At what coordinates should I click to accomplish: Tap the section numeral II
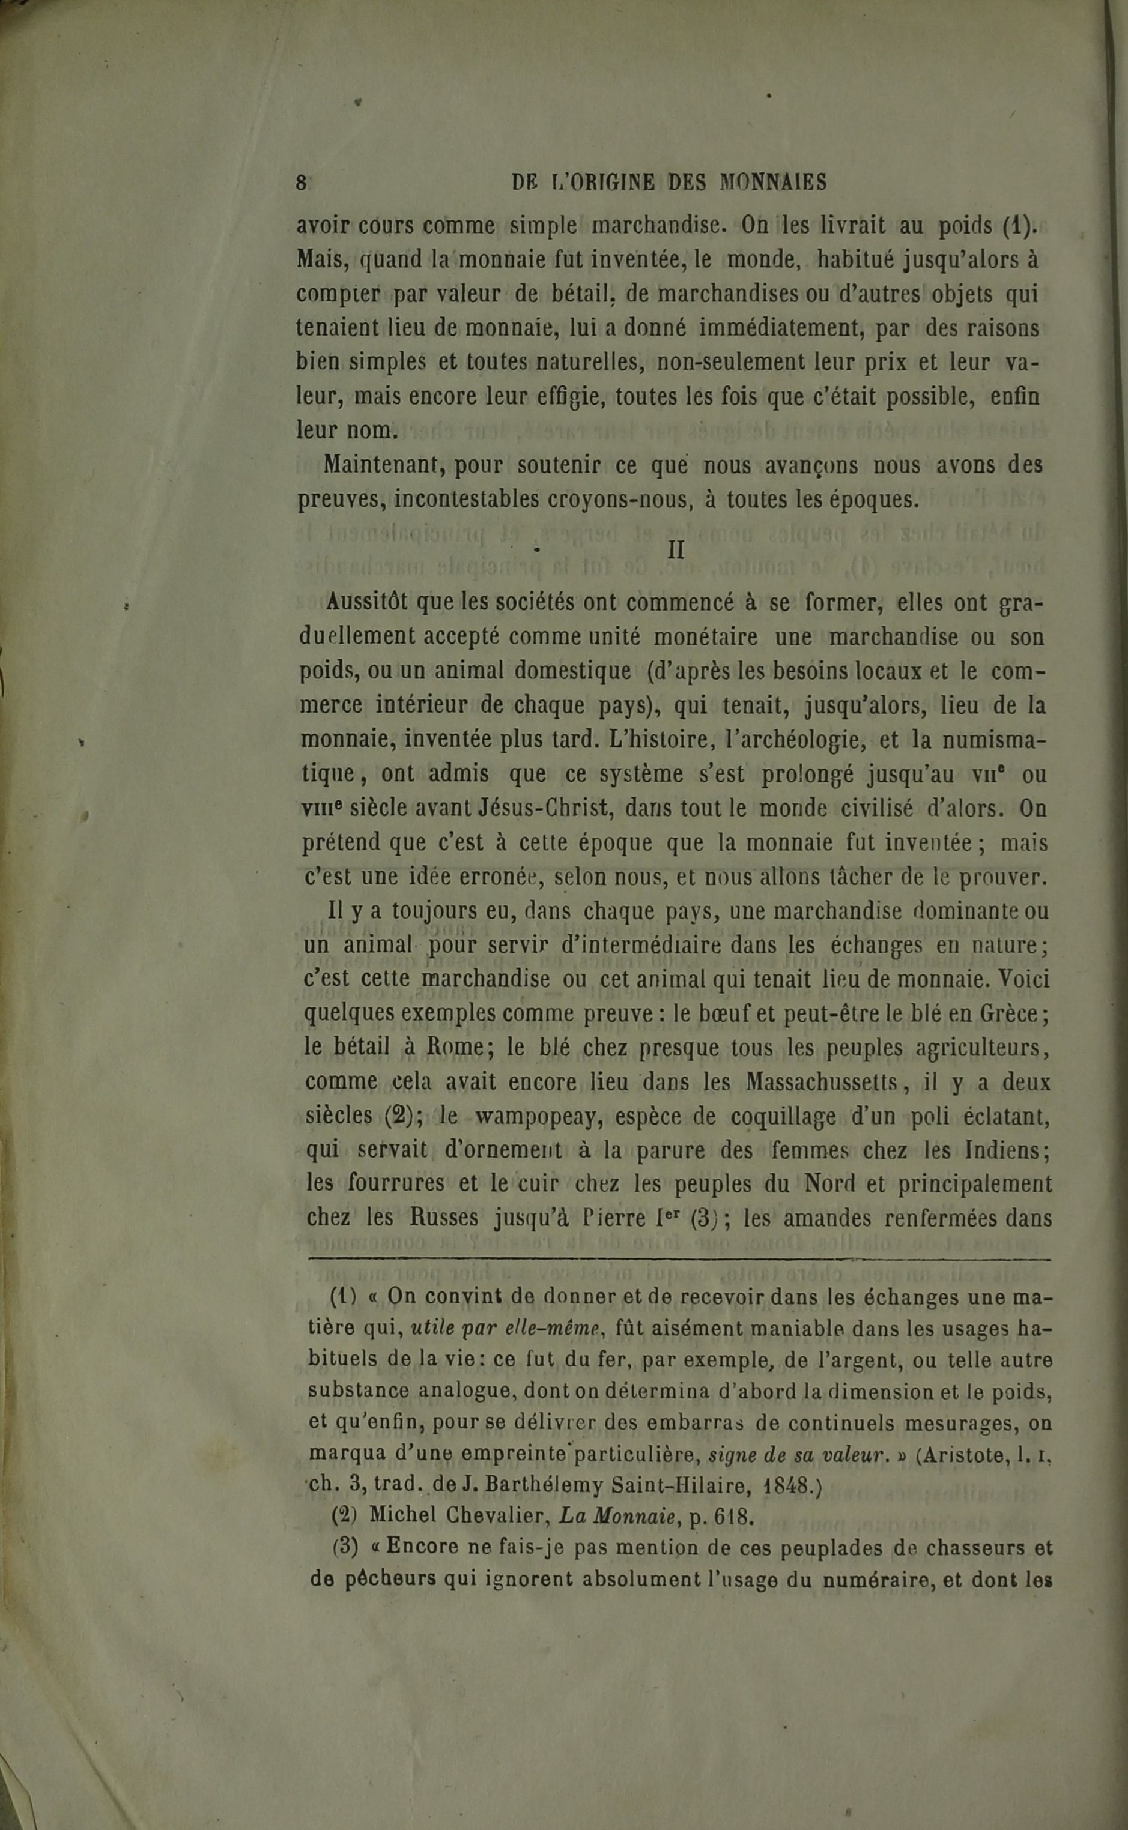point(676,551)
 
